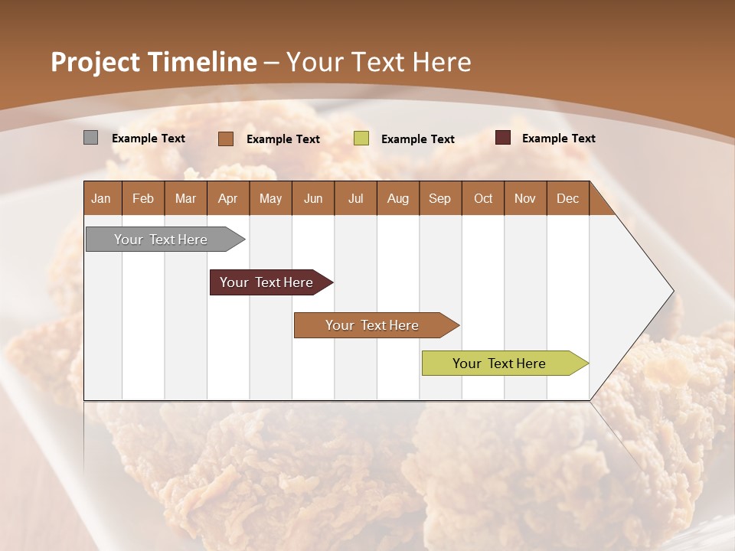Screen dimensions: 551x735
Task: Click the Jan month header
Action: click(x=102, y=198)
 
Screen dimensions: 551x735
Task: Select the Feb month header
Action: click(x=143, y=198)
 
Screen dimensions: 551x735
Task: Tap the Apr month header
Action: click(x=228, y=198)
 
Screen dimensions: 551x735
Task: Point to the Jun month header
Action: click(x=313, y=198)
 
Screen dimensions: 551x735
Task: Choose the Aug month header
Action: click(x=398, y=198)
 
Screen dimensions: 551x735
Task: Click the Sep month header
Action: click(x=440, y=198)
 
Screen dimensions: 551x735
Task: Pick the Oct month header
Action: click(x=483, y=198)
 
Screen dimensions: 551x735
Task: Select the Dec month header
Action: click(x=568, y=198)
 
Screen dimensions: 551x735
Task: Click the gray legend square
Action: click(x=91, y=138)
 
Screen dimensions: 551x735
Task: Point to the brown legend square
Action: click(x=226, y=139)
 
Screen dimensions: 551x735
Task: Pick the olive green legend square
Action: click(x=361, y=139)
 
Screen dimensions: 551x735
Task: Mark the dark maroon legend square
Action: click(x=503, y=138)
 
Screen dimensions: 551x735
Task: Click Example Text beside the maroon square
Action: click(x=558, y=139)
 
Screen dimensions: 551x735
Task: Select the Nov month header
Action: click(x=525, y=198)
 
